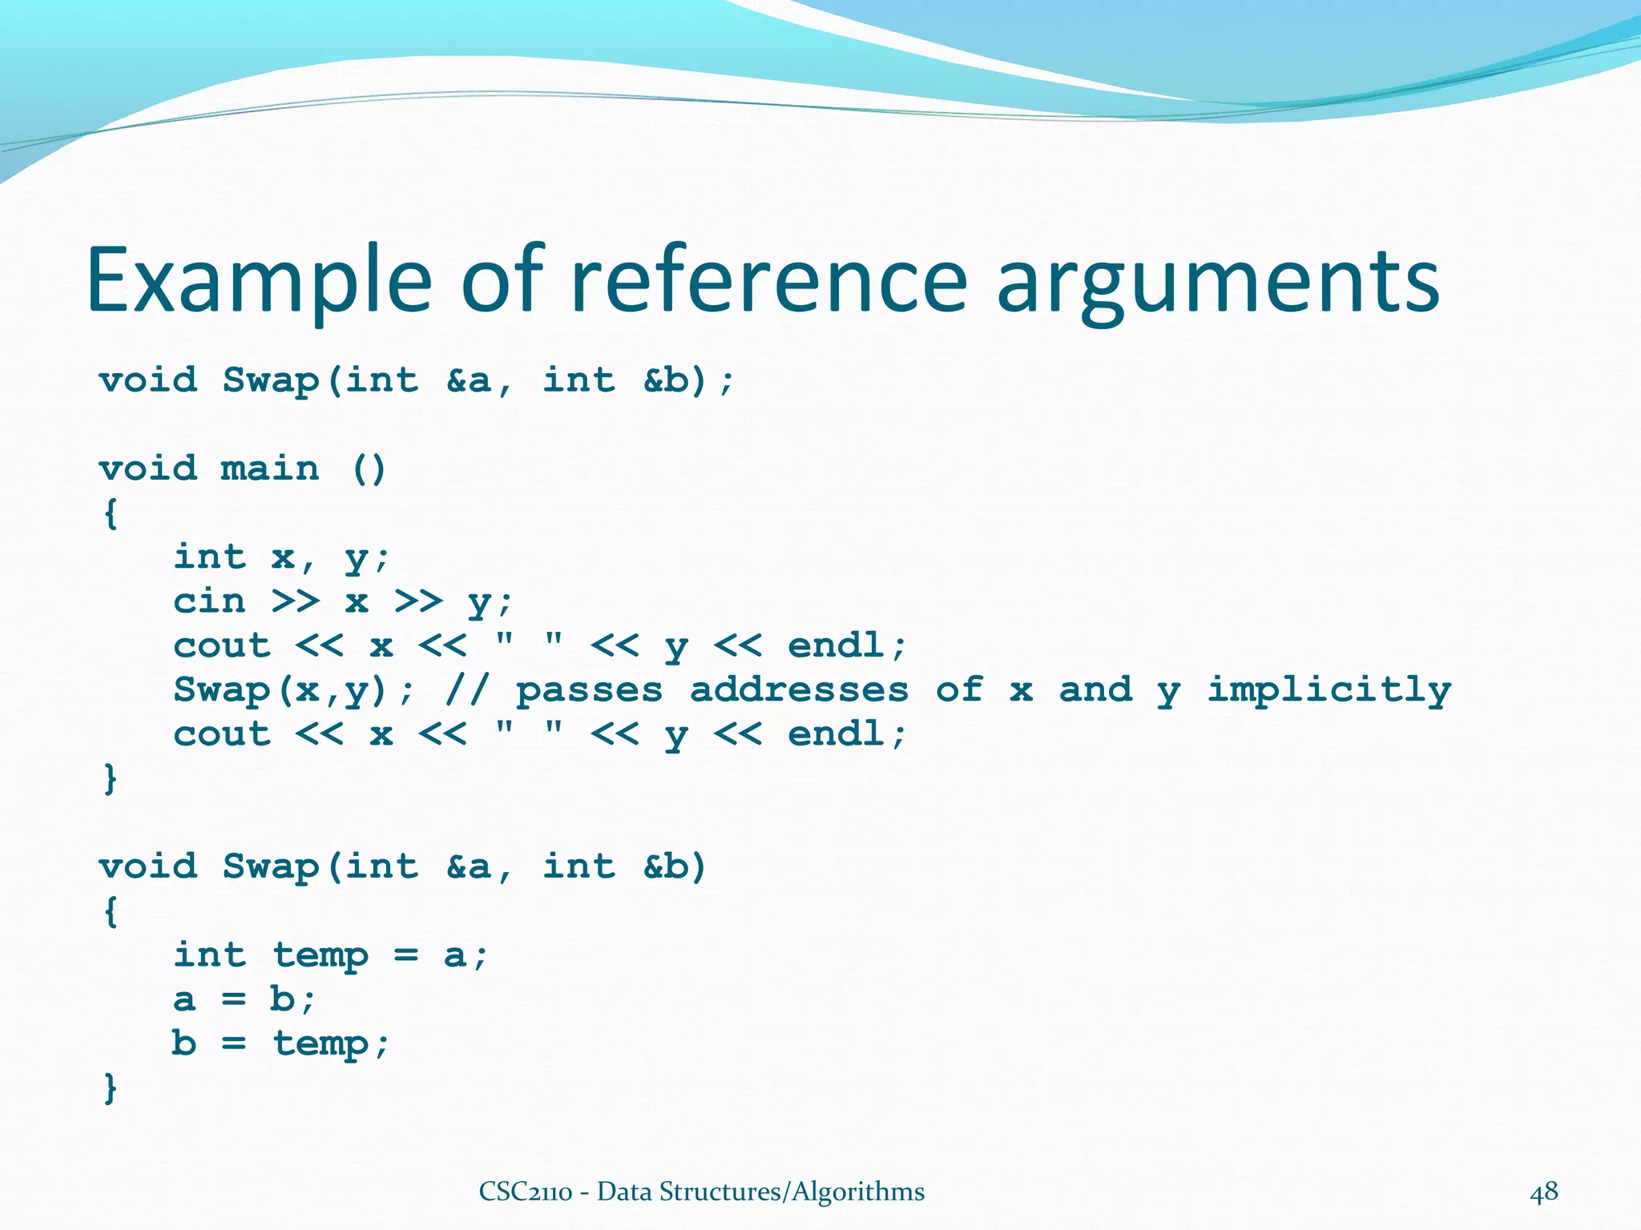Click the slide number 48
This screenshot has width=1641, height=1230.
point(1544,1192)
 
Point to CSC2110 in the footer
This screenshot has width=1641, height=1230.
point(525,1192)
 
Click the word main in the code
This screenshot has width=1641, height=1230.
point(269,468)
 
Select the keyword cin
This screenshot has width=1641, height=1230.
point(209,601)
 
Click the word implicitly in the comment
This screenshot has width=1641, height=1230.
point(1329,690)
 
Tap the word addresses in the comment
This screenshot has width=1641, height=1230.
point(799,690)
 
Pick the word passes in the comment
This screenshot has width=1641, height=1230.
point(590,690)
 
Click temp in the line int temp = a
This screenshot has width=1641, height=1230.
point(321,955)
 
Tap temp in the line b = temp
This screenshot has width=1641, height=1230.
point(321,1043)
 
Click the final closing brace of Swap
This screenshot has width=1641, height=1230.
point(111,1088)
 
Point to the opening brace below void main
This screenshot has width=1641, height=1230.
point(111,513)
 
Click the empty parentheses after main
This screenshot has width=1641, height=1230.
point(369,468)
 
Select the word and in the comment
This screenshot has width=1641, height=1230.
point(1095,690)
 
